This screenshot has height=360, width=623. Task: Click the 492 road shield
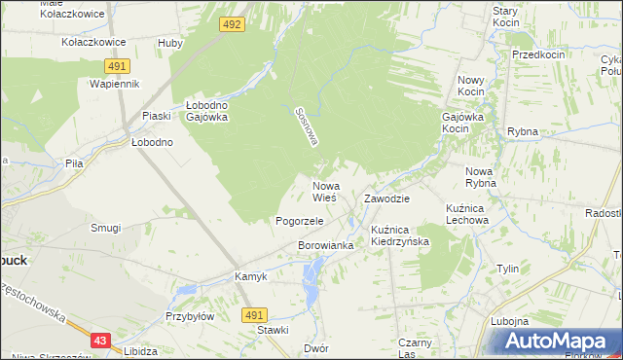coord(231,24)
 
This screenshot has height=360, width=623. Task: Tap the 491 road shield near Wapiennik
coord(116,65)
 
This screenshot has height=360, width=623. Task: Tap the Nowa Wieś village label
coord(325,191)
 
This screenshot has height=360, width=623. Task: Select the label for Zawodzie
coord(386,198)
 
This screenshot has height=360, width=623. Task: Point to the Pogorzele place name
coord(299,221)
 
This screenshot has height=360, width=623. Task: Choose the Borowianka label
coord(325,246)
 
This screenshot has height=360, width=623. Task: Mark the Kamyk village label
coord(250,276)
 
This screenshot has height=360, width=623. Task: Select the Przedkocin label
coord(538,55)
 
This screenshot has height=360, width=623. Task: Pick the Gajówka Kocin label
coord(462,122)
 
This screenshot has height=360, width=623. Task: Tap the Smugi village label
coord(105,228)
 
